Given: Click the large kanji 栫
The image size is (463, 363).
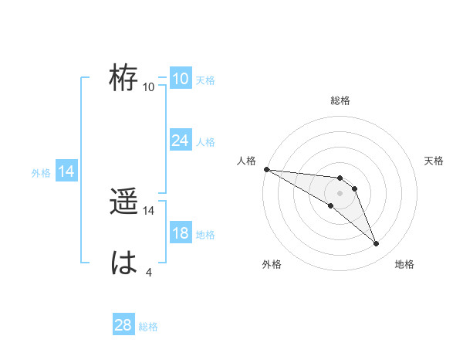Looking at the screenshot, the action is pyautogui.click(x=123, y=78).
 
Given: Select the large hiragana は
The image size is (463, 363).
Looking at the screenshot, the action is pyautogui.click(x=123, y=263).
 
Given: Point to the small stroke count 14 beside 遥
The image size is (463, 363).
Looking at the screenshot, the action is pyautogui.click(x=149, y=210).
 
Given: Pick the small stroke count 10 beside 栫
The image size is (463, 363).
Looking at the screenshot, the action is pyautogui.click(x=149, y=87).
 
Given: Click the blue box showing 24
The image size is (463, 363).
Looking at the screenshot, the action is pyautogui.click(x=180, y=141).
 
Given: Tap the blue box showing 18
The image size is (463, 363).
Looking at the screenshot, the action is pyautogui.click(x=180, y=233).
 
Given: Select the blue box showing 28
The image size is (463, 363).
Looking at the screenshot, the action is pyautogui.click(x=123, y=325).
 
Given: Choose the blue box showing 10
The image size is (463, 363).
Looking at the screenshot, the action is pyautogui.click(x=180, y=79).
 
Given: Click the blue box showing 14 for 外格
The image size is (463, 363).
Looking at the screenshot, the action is pyautogui.click(x=66, y=171).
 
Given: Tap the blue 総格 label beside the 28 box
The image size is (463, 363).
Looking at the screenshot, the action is pyautogui.click(x=148, y=327).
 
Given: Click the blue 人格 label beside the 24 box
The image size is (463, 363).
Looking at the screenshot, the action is pyautogui.click(x=205, y=142).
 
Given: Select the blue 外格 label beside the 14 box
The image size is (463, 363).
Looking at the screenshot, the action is pyautogui.click(x=41, y=173).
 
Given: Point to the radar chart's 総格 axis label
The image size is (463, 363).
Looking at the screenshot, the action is pyautogui.click(x=340, y=100).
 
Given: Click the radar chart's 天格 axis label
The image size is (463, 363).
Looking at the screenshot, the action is pyautogui.click(x=434, y=161).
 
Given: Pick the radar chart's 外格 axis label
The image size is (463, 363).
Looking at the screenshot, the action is pyautogui.click(x=272, y=264).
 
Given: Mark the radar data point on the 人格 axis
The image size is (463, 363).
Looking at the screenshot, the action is pyautogui.click(x=266, y=169).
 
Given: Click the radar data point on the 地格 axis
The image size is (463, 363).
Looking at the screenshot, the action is pyautogui.click(x=376, y=244).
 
